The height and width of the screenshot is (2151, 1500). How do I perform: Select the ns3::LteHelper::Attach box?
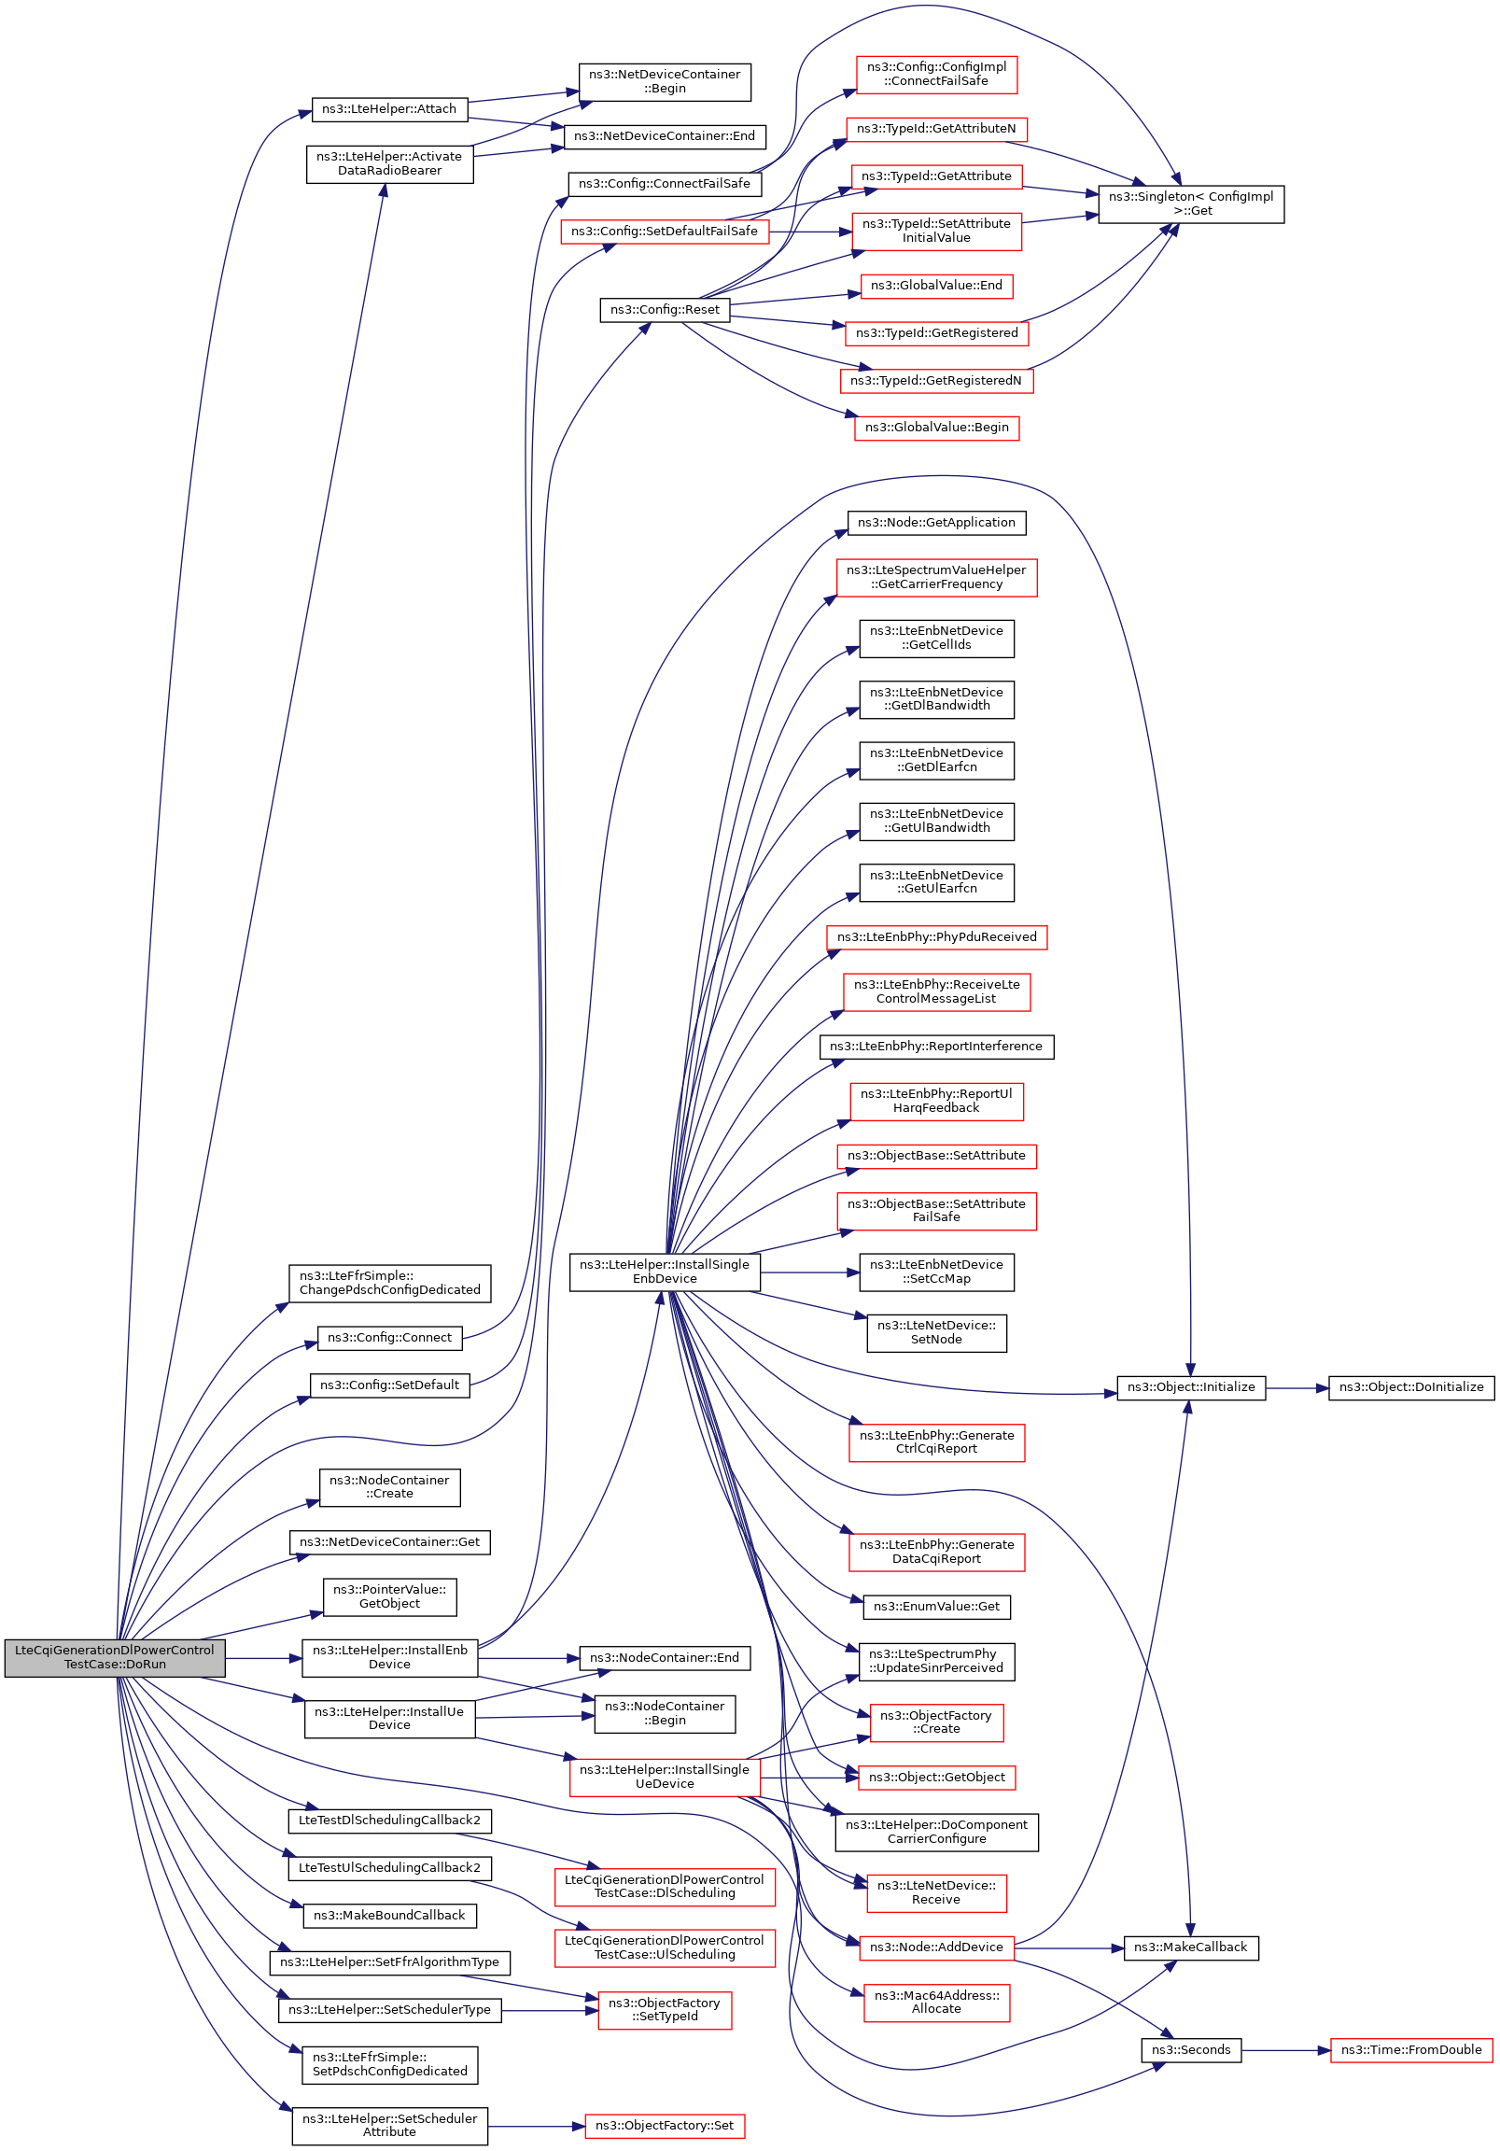pyautogui.click(x=389, y=109)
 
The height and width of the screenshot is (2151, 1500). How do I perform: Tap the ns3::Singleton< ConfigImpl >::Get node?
pyautogui.click(x=1190, y=204)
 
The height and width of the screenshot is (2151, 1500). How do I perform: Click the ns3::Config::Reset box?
pyautogui.click(x=665, y=310)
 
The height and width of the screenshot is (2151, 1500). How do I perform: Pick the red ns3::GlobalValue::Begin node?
pyautogui.click(x=936, y=429)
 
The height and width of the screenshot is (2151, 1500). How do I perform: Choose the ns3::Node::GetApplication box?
pyautogui.click(x=936, y=523)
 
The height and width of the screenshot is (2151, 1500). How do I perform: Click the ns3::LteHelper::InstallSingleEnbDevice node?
pyautogui.click(x=665, y=1272)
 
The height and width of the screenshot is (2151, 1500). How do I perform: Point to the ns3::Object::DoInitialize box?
pyautogui.click(x=1410, y=1387)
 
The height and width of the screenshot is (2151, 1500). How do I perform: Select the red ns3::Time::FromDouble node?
pyautogui.click(x=1410, y=2051)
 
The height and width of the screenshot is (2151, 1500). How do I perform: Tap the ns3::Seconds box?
pyautogui.click(x=1191, y=2051)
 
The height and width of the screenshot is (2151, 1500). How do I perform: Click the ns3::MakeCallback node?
pyautogui.click(x=1190, y=1947)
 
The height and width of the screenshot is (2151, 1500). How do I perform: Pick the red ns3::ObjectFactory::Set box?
pyautogui.click(x=665, y=2126)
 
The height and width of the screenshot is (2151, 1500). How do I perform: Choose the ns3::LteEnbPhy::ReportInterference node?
pyautogui.click(x=936, y=1047)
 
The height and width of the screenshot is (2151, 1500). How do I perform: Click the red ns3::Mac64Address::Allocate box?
pyautogui.click(x=936, y=2003)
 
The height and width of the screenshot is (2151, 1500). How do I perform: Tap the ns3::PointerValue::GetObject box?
pyautogui.click(x=389, y=1596)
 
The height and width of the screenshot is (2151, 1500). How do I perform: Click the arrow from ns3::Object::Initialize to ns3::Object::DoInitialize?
pyautogui.click(x=1297, y=1387)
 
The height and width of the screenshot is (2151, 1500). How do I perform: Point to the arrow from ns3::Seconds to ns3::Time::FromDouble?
pyautogui.click(x=1285, y=2051)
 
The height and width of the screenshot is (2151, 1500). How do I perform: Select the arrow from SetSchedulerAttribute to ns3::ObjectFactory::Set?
pyautogui.click(x=536, y=2127)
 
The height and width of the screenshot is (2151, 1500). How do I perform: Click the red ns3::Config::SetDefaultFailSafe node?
pyautogui.click(x=665, y=232)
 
